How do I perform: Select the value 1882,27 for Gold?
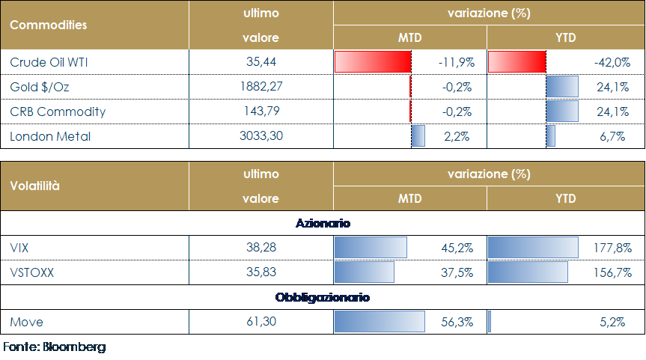260,87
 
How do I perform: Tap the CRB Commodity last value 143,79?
260,112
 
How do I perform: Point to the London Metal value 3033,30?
260,137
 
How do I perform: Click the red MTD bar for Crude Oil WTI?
373,62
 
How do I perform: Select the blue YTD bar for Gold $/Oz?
562,87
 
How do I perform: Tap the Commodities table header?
48,25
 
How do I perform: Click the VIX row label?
21,248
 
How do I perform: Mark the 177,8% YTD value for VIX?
614,248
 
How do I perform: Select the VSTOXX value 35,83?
260,272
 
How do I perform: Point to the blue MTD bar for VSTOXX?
364,272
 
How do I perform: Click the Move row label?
27,322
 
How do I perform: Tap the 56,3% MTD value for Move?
458,322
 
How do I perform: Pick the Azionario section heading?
323,223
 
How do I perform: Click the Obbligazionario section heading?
323,297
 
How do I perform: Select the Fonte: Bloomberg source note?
54,347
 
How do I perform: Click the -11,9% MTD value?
454,62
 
